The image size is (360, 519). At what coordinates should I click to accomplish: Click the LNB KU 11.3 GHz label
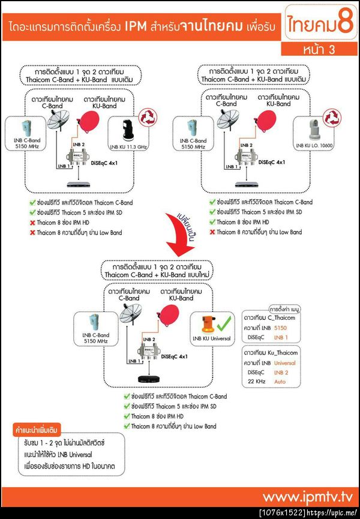tap(130, 146)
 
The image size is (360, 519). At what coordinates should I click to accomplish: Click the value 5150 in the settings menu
tap(280, 329)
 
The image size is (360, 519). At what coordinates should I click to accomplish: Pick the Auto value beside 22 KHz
tap(279, 381)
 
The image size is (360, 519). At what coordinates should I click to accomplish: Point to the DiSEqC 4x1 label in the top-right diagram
tap(272, 162)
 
